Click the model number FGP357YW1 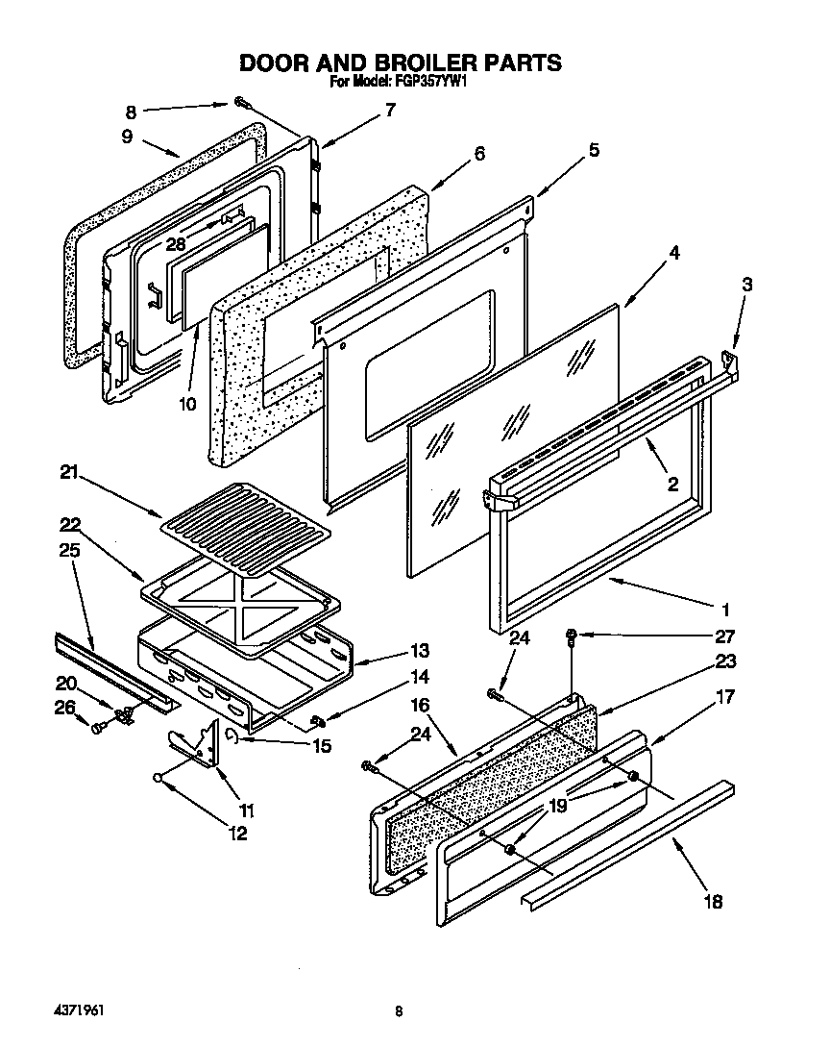click(429, 83)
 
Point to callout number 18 click(712, 901)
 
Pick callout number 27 click(725, 636)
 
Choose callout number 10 click(187, 404)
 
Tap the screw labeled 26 click(98, 731)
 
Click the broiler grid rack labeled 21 click(245, 525)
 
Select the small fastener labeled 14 click(318, 720)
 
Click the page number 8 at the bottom click(398, 1011)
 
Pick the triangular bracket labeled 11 click(203, 743)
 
